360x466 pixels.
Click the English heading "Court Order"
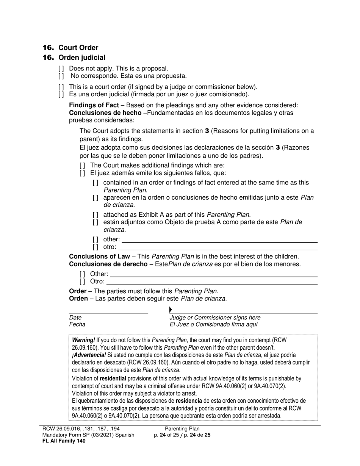pos(78,48)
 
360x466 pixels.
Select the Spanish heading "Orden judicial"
pos(82,58)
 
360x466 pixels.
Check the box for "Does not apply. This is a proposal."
pos(61,69)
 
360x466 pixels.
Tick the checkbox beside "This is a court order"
pos(61,87)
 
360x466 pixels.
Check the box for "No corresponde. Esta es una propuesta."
pos(61,76)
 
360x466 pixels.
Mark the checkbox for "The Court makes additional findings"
pos(82,166)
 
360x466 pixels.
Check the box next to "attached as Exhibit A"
pos(95,215)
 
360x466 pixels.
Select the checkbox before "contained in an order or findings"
pos(95,183)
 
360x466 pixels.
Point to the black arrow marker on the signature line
pos(171,310)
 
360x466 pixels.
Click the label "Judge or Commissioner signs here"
pos(215,317)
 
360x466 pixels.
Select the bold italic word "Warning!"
pos(83,340)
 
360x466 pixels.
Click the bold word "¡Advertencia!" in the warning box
pos(89,355)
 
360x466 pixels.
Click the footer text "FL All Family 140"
pos(64,441)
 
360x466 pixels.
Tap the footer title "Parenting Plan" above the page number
pos(182,429)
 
